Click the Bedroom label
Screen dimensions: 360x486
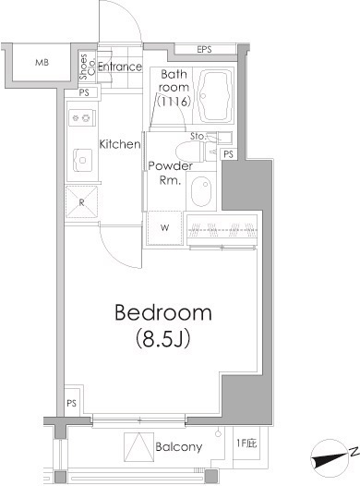tap(163, 312)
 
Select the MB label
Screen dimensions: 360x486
tap(42, 63)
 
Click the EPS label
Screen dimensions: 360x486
tap(204, 49)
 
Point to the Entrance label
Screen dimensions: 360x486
tap(120, 67)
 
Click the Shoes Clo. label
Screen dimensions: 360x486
tap(87, 67)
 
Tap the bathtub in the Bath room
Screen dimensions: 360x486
tap(215, 96)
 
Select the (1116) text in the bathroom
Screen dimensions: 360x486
tap(174, 102)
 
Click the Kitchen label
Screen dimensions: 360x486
tap(119, 144)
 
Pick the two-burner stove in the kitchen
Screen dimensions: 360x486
tap(82, 117)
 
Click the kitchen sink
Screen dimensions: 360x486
tap(82, 160)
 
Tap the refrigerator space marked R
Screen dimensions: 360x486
tap(81, 202)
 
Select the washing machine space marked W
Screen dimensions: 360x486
tap(164, 228)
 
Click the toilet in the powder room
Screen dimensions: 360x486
tap(193, 152)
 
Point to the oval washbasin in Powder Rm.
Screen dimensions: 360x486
tap(201, 191)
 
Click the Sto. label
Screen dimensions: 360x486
tap(198, 136)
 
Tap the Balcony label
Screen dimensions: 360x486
tap(178, 446)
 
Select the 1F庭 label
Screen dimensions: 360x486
tap(246, 443)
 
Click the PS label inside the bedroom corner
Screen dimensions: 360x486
tap(71, 403)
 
